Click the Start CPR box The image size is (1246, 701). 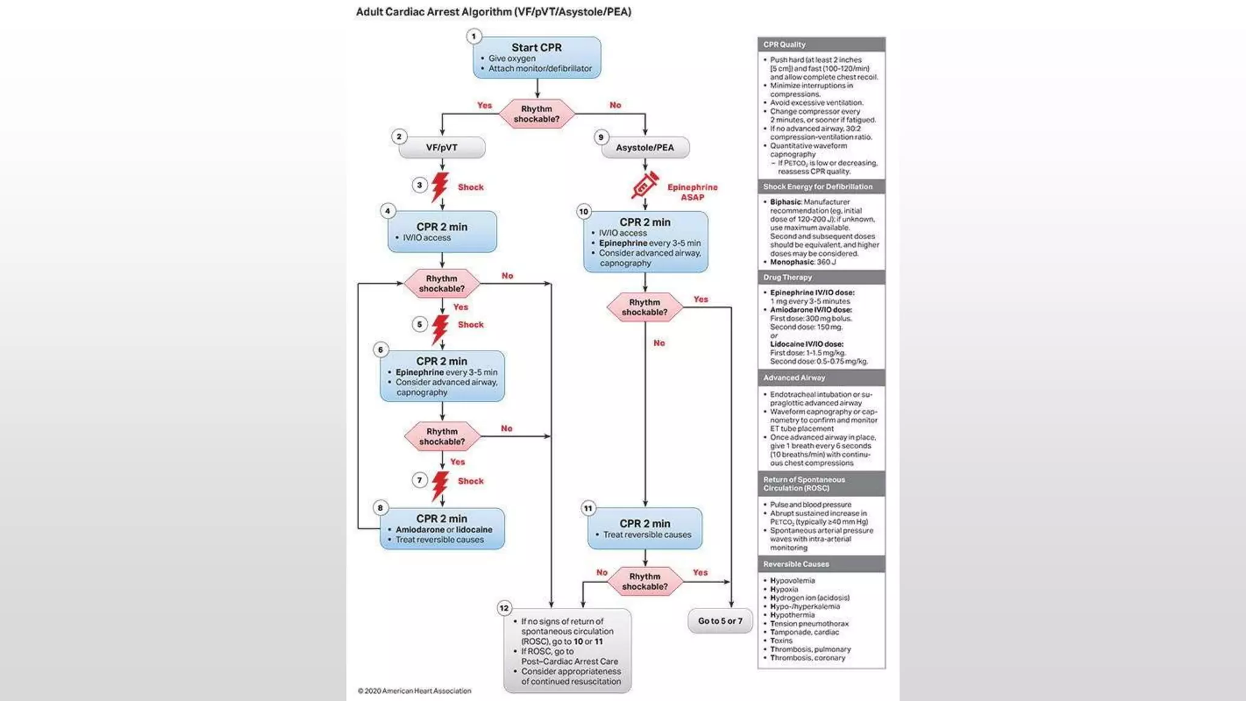[x=537, y=57]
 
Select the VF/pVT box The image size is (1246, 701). [x=442, y=147]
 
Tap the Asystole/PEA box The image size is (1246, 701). [x=645, y=147]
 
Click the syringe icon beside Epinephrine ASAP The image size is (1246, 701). [x=645, y=185]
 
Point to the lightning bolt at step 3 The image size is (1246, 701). [x=440, y=187]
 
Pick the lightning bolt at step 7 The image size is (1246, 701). [x=440, y=486]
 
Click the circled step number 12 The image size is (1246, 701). [x=504, y=608]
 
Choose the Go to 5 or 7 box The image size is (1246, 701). [x=720, y=621]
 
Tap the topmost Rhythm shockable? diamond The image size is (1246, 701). [x=537, y=114]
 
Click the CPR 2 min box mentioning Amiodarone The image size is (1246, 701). [x=442, y=528]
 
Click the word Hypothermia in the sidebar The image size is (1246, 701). [x=792, y=615]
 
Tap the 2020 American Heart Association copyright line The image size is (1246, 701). [x=414, y=691]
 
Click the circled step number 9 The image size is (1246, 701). [x=601, y=137]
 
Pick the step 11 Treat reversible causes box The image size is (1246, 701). [x=645, y=528]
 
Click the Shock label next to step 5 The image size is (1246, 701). [x=471, y=324]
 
